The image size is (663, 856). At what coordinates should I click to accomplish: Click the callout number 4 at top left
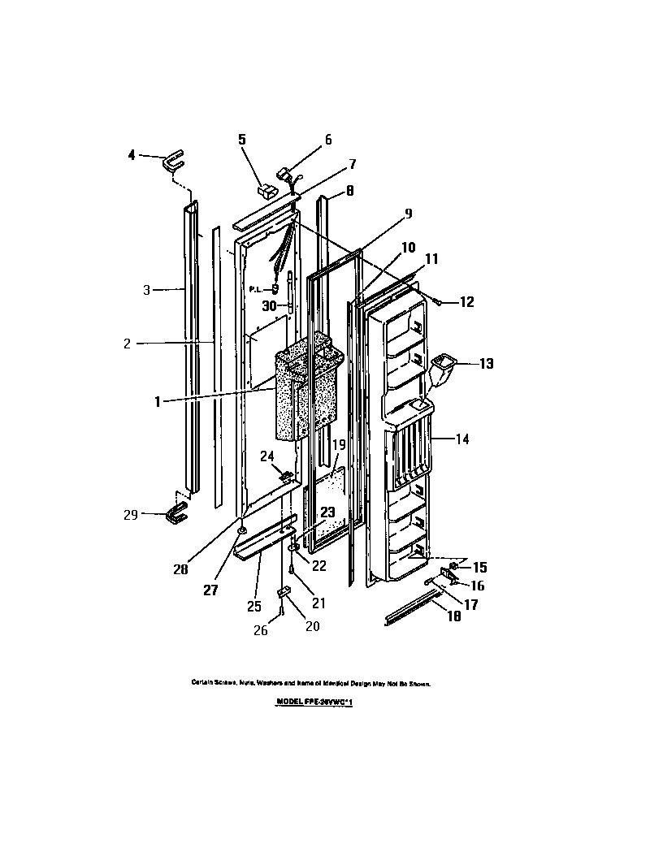(x=132, y=156)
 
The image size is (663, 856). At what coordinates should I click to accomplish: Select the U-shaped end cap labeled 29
(x=175, y=513)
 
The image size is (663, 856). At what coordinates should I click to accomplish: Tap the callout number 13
(x=485, y=364)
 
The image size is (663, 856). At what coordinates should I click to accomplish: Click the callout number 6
(x=328, y=140)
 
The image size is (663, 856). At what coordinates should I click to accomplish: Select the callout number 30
(x=270, y=306)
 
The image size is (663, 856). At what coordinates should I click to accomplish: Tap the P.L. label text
(x=256, y=289)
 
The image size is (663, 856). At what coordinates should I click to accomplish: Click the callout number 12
(x=466, y=302)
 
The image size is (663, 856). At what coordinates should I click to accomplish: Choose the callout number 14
(x=461, y=439)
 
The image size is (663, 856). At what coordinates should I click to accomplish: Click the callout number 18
(x=453, y=616)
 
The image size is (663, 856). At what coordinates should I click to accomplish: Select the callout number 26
(x=261, y=630)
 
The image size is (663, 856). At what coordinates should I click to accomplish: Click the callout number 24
(x=266, y=456)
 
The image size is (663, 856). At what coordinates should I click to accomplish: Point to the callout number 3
(x=147, y=289)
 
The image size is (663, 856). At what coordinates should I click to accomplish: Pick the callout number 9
(x=408, y=214)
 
